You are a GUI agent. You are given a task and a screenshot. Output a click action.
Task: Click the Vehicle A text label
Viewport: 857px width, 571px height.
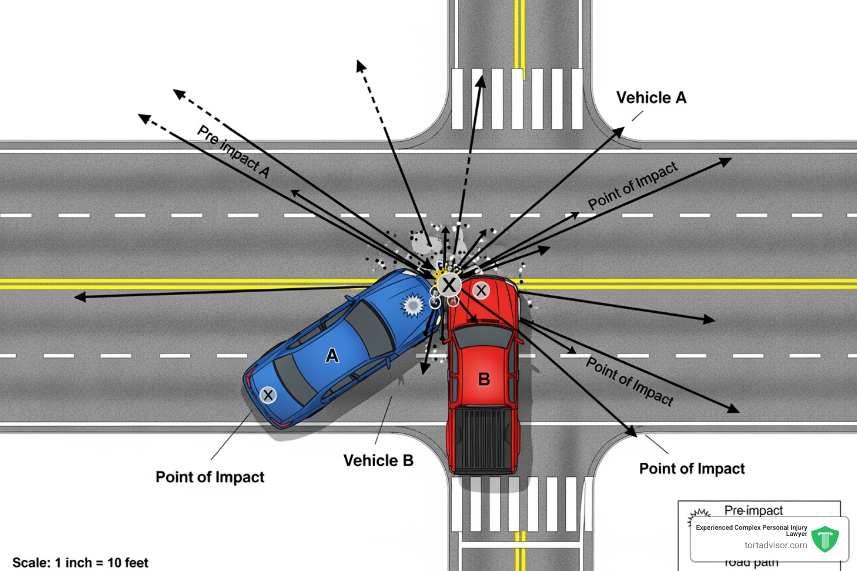pos(651,98)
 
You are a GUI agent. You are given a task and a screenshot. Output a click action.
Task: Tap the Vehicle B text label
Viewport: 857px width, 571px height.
pos(378,461)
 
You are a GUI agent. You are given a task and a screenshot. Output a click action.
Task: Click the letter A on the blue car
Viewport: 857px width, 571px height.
pos(332,356)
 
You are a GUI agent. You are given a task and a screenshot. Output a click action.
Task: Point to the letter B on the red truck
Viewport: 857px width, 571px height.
pos(484,380)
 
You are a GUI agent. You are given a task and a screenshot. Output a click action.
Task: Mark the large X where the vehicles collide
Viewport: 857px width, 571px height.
pos(449,285)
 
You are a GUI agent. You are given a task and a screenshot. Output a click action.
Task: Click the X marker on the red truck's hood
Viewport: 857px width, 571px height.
pos(481,290)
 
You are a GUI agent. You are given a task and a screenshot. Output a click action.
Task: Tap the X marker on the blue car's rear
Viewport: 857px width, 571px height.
pos(268,395)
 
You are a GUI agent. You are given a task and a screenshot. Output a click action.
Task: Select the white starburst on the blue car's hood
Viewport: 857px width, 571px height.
pos(413,306)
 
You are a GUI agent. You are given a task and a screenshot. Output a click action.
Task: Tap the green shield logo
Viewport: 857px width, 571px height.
pos(825,539)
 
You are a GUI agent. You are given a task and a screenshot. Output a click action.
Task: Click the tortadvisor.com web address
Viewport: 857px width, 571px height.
pos(776,545)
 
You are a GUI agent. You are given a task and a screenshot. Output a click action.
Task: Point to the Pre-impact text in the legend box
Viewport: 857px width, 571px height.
pos(753,510)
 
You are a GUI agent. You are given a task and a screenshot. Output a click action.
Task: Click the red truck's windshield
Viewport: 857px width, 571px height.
pos(483,336)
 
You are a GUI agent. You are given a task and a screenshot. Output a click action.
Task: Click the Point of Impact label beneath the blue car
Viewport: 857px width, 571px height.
pos(210,477)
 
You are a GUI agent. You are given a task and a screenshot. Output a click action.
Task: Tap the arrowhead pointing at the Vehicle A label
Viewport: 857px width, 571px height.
pos(618,132)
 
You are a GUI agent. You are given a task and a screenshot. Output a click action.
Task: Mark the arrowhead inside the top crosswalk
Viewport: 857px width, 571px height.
pos(480,82)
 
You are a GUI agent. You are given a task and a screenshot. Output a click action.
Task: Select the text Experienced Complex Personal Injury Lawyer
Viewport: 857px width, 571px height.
pos(751,530)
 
